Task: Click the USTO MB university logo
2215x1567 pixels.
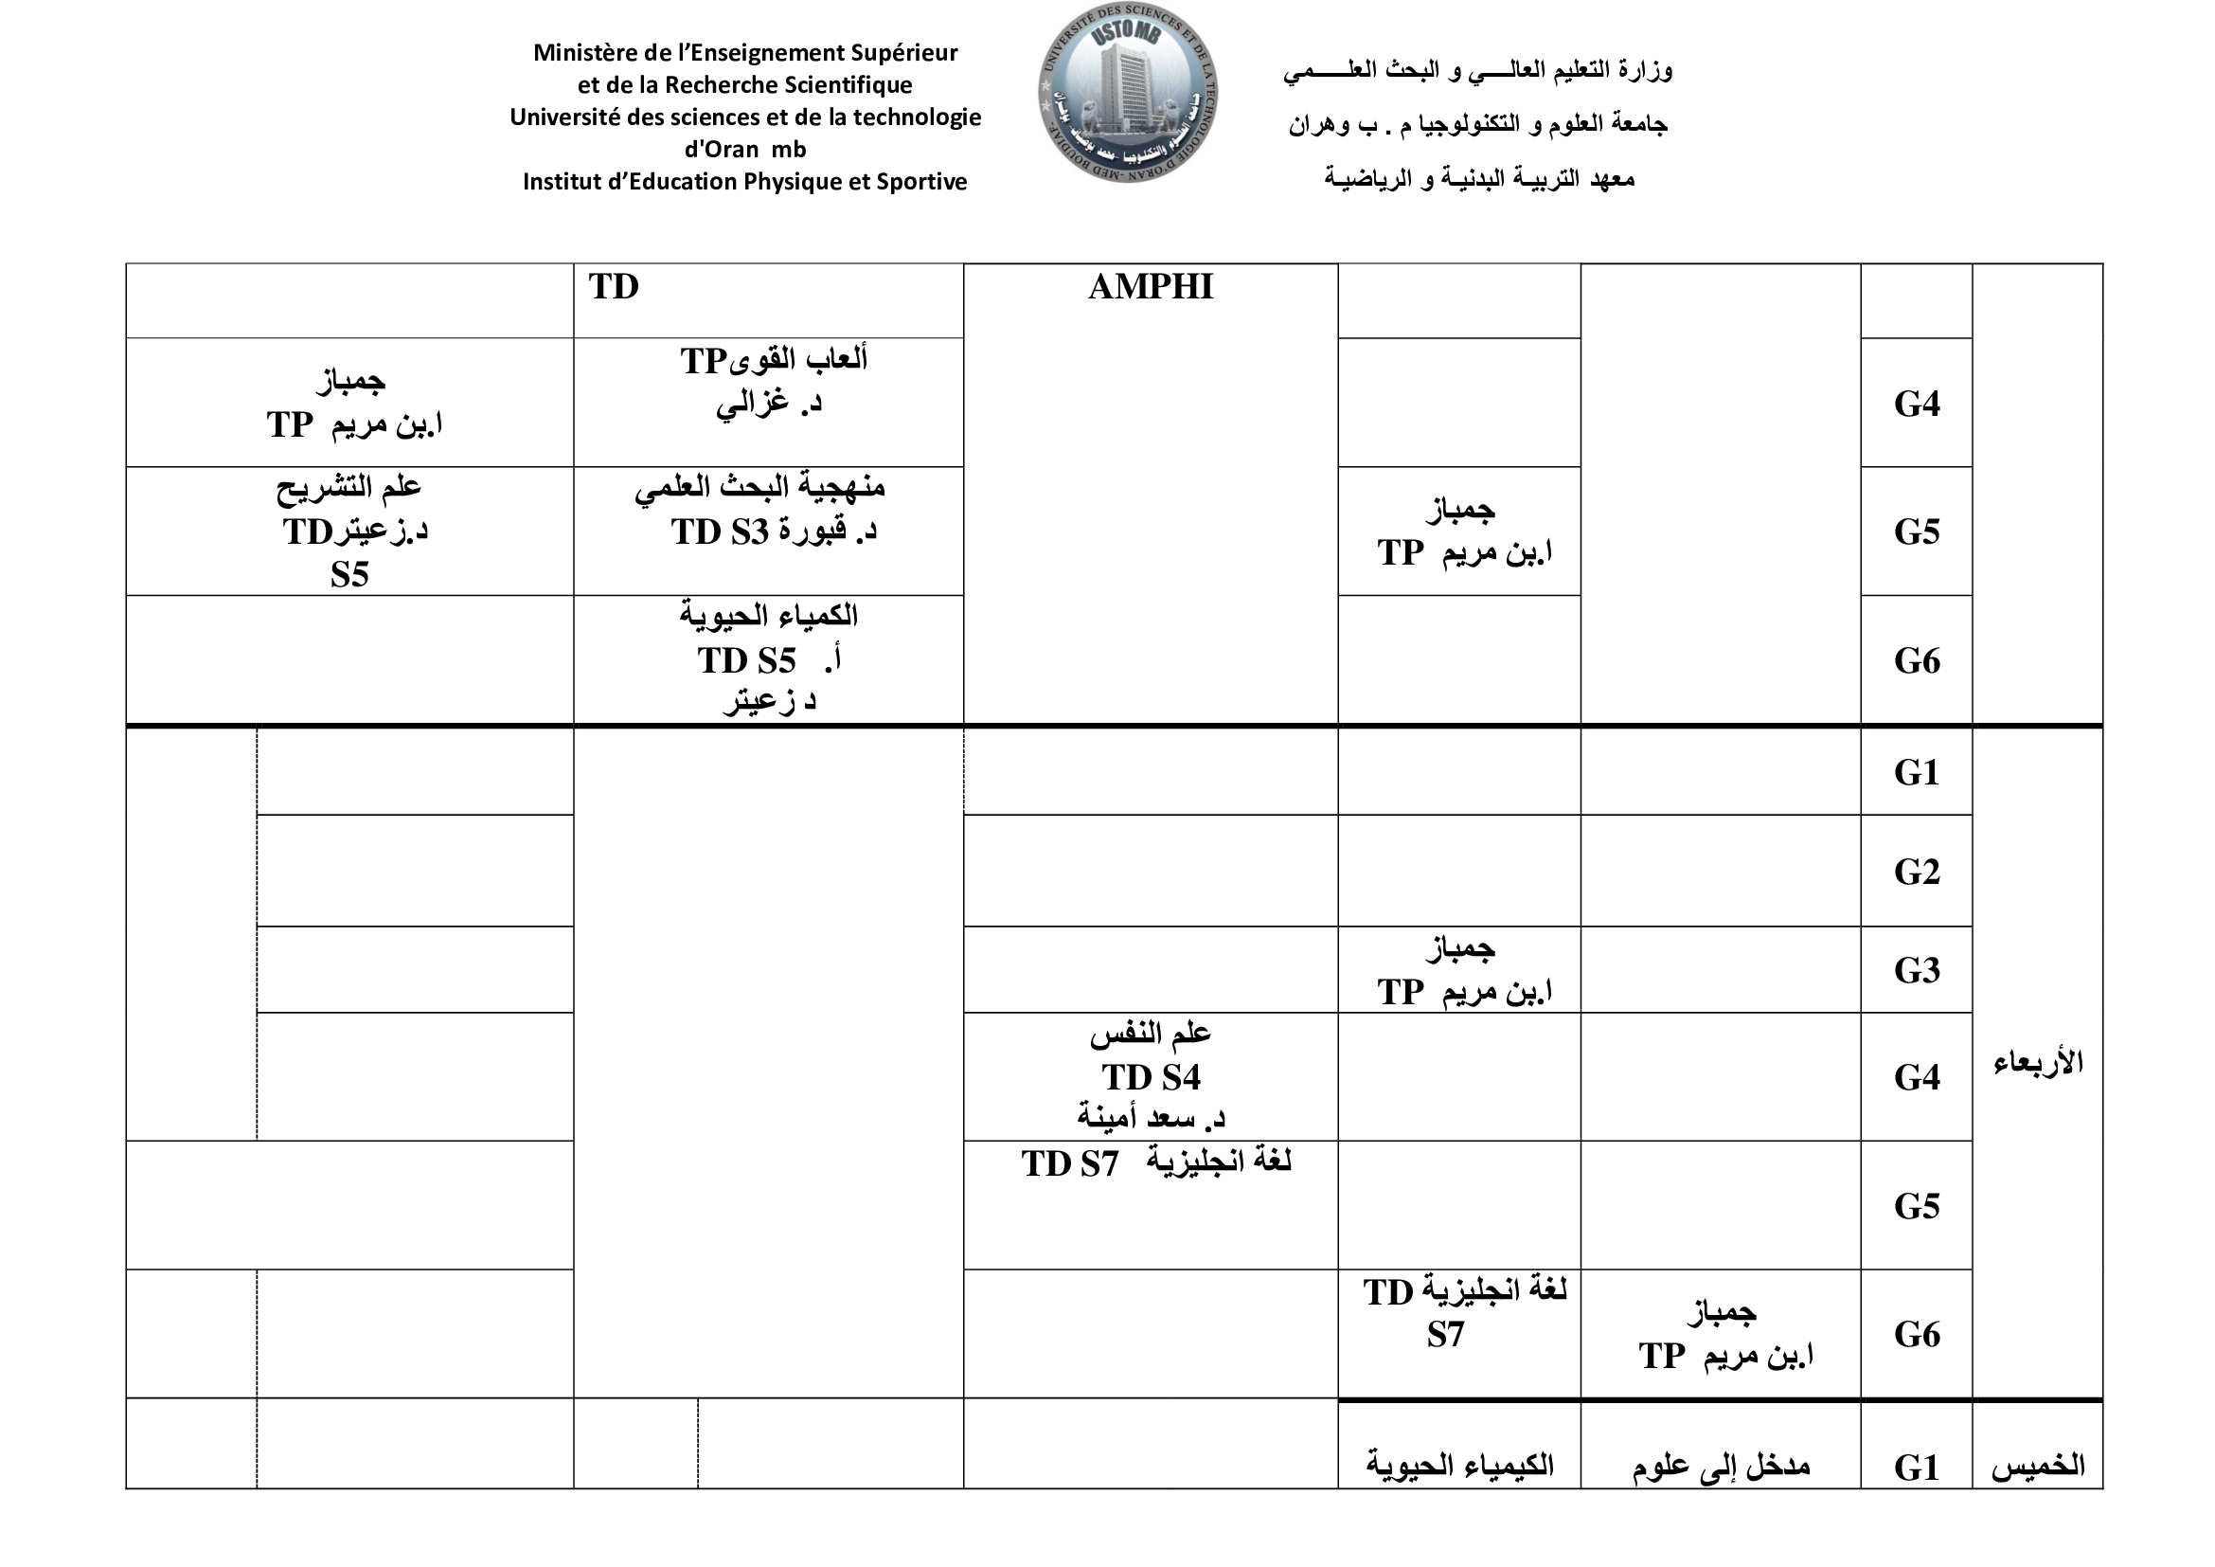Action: [x=1127, y=93]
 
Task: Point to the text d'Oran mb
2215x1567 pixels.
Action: [x=744, y=150]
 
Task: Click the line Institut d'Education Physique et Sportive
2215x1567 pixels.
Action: [x=744, y=182]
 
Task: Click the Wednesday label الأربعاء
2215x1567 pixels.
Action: [x=2038, y=1063]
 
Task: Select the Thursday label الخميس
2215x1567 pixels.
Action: [x=2038, y=1467]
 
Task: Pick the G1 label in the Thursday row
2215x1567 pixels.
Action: [x=1916, y=1468]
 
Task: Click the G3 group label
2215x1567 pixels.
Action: [x=1916, y=971]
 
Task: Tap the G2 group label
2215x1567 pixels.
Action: [x=1916, y=872]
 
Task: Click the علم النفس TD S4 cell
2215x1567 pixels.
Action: [x=1150, y=1077]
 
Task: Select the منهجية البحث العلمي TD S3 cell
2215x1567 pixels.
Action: [x=768, y=510]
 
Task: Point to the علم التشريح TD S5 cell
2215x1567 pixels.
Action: [x=350, y=530]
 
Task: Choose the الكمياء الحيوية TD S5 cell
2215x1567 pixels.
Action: [x=768, y=657]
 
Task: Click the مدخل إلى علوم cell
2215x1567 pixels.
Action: [x=1720, y=1467]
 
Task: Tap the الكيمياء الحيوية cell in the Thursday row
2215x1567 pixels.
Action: [x=1458, y=1465]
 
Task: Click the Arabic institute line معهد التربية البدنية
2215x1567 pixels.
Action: [x=1478, y=178]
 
